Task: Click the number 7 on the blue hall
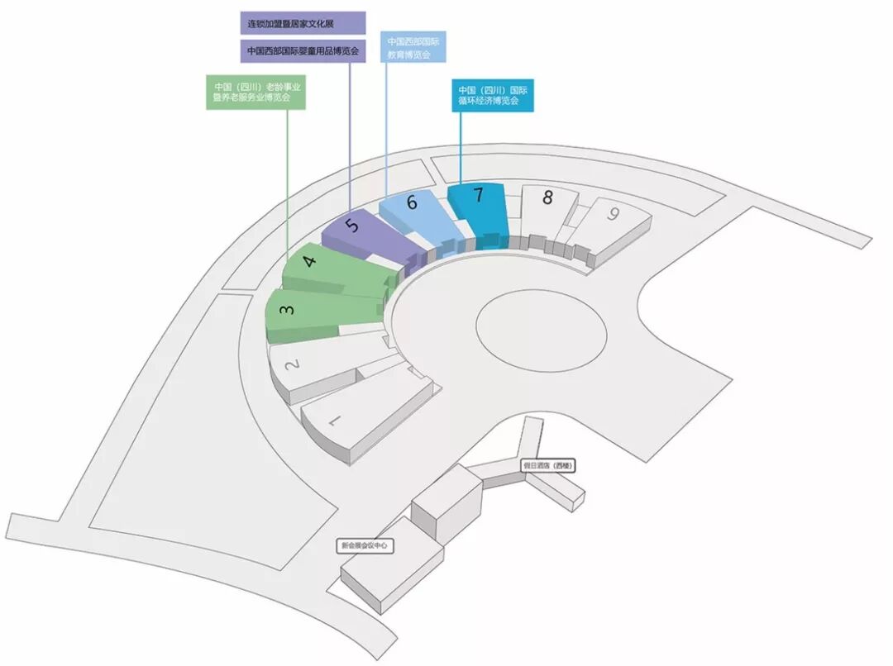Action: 477,196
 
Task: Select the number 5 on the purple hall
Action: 353,226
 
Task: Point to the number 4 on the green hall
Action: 309,263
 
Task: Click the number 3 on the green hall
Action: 285,310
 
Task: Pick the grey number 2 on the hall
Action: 290,364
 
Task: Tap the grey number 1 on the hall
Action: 335,421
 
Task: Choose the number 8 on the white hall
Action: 547,197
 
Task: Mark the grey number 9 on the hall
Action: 613,213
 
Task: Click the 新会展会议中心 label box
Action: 364,545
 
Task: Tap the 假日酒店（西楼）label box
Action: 547,466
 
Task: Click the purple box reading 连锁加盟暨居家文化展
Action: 302,23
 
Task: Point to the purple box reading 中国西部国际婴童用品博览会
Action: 303,51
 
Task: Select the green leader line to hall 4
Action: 288,182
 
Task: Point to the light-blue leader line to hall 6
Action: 386,132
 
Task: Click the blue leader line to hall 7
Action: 461,149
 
